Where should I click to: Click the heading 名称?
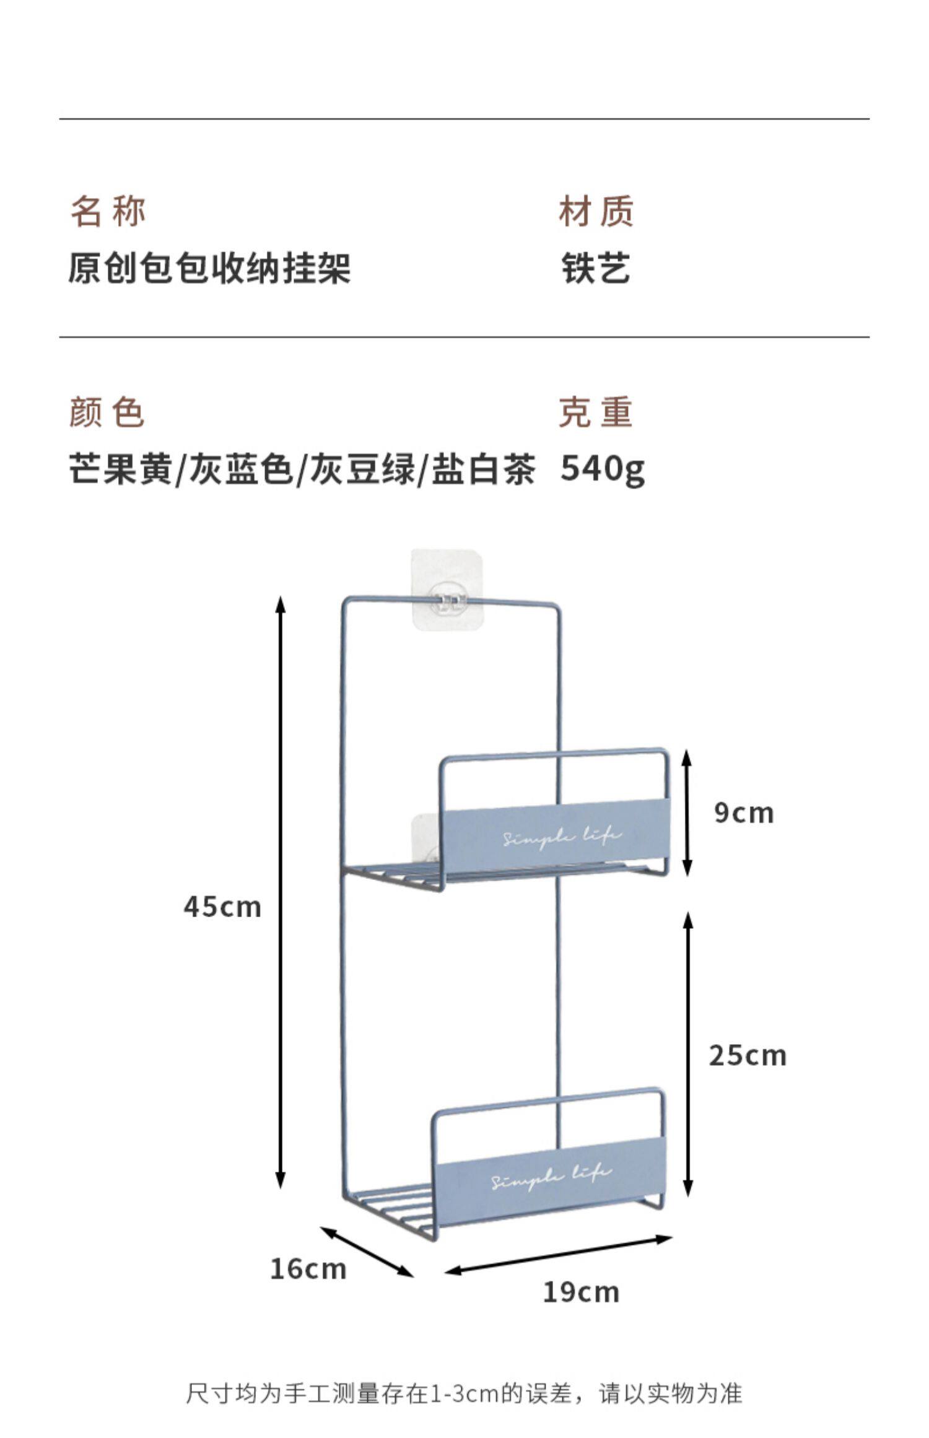[108, 211]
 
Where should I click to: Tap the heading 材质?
[596, 211]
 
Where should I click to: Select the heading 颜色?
[107, 412]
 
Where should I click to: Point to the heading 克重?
[596, 412]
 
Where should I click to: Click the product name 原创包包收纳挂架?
[209, 269]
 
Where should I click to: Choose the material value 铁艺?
[596, 269]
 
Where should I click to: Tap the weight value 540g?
[602, 469]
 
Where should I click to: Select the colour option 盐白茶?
[483, 469]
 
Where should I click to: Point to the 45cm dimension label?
[222, 907]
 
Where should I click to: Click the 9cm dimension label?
[744, 813]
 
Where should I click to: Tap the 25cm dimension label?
[748, 1055]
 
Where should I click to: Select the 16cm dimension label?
[308, 1269]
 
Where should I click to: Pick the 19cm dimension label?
[581, 1292]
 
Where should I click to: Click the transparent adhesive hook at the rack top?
[447, 590]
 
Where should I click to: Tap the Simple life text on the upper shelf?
[560, 837]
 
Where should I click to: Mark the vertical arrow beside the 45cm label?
[281, 892]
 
